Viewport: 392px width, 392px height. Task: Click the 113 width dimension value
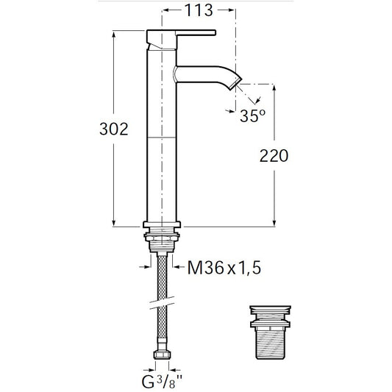coord(199,10)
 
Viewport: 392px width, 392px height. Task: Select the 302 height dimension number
coord(114,129)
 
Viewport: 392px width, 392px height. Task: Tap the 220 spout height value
coord(274,156)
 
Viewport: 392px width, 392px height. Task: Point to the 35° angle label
coord(252,115)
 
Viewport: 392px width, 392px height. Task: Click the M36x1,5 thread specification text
coord(224,268)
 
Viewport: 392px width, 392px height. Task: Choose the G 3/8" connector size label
coord(162,382)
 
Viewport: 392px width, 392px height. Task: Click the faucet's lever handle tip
coord(215,33)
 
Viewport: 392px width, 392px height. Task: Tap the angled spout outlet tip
coord(236,82)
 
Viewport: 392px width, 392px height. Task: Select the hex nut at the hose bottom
coord(162,354)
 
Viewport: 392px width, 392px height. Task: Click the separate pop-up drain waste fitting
coord(271,332)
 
